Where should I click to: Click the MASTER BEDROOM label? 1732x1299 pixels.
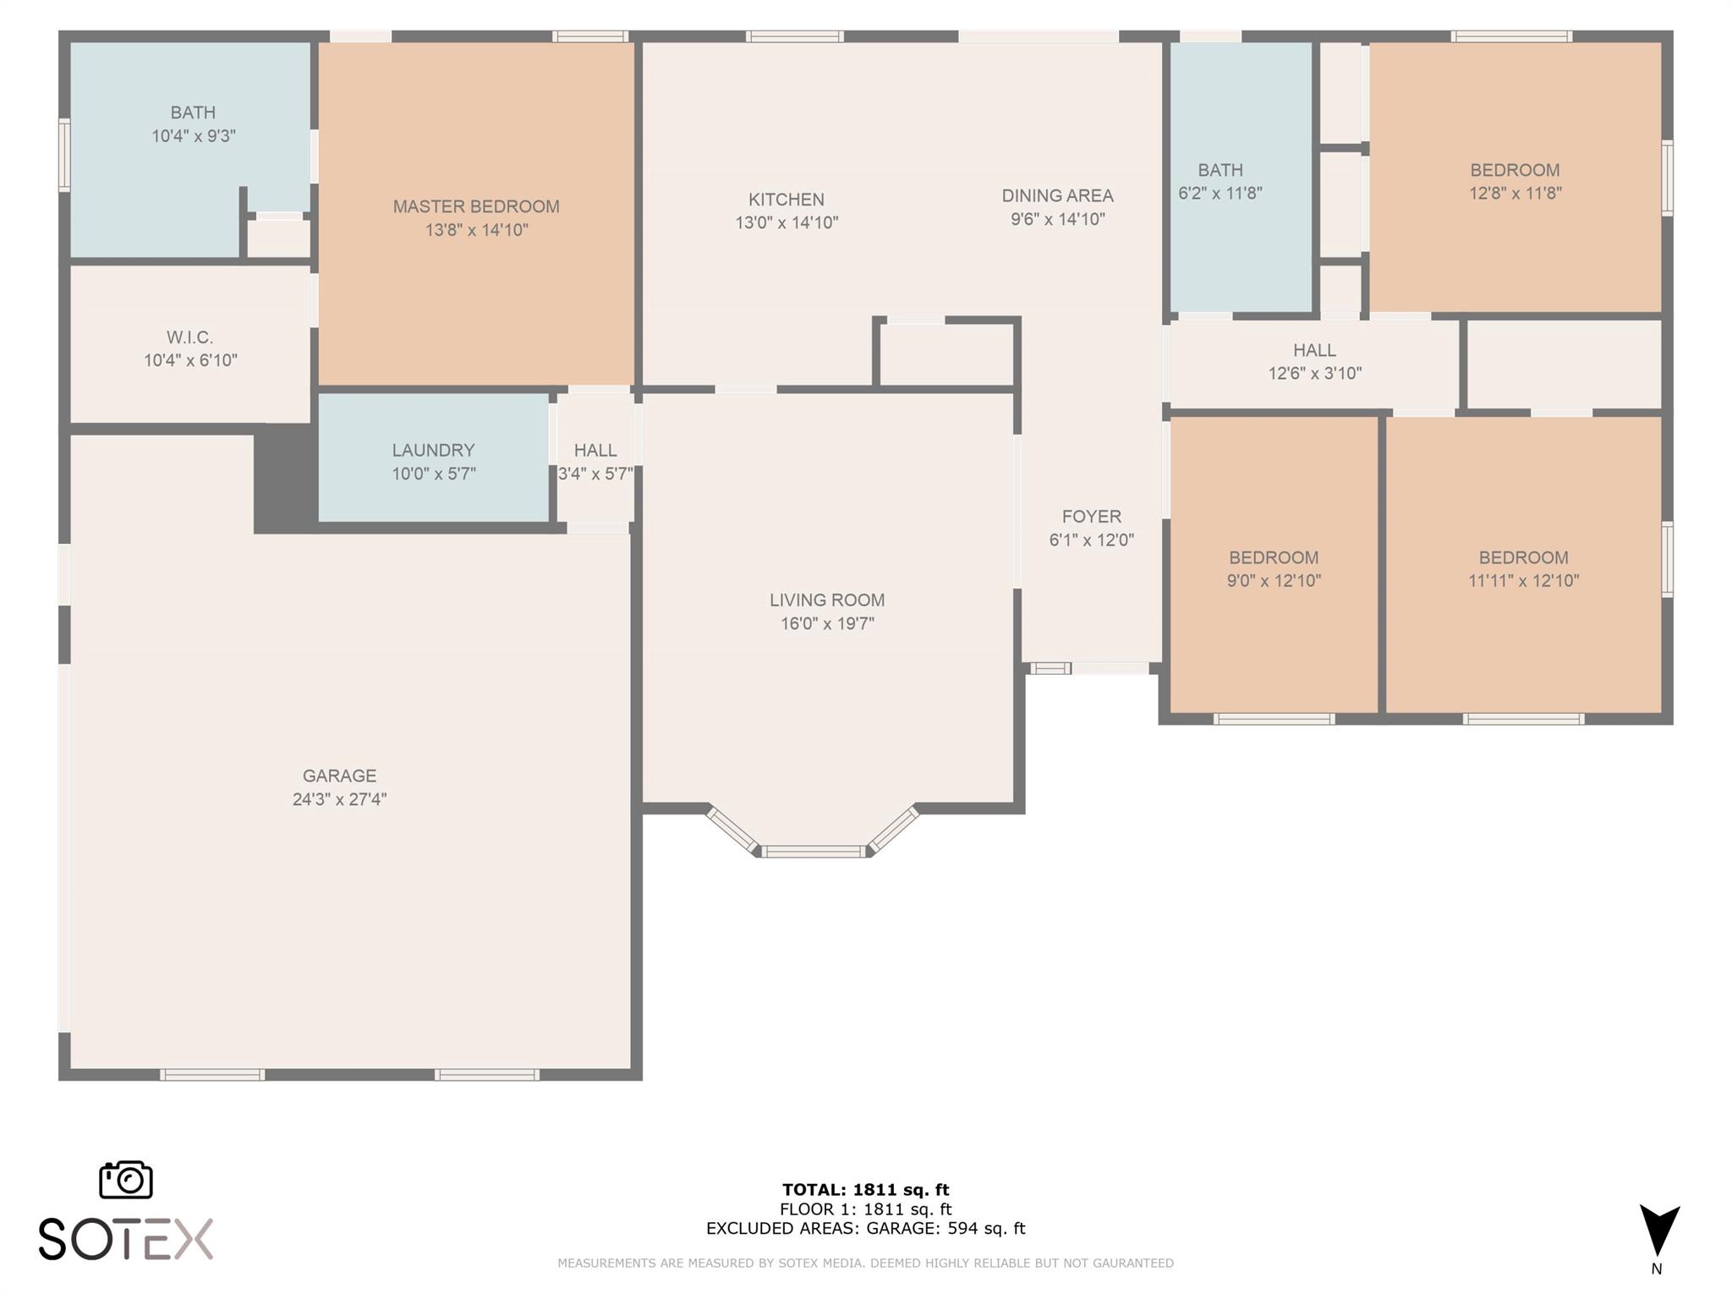tap(476, 206)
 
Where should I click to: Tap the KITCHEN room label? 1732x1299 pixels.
tap(787, 200)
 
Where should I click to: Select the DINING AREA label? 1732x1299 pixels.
tap(1057, 195)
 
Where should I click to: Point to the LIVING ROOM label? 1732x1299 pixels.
tap(827, 600)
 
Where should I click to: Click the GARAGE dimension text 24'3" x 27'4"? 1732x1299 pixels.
tap(340, 799)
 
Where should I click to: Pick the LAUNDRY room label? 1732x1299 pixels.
tap(433, 450)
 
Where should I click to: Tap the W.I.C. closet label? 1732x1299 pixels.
tap(190, 337)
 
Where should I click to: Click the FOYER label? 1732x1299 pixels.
tap(1092, 516)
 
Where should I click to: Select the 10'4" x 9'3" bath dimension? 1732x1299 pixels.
tap(194, 135)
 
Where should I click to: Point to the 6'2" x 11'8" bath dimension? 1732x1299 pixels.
tap(1220, 193)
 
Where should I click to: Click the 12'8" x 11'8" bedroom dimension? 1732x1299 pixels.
tap(1515, 193)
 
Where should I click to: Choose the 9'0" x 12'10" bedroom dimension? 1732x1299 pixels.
tap(1274, 580)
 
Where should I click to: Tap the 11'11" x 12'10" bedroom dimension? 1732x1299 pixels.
tap(1524, 580)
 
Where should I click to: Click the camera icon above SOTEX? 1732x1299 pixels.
tap(126, 1179)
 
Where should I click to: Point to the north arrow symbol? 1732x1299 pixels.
tap(1659, 1230)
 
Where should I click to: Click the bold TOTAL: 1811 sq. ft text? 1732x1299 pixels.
tap(866, 1190)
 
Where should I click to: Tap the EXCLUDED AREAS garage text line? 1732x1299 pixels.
tap(866, 1228)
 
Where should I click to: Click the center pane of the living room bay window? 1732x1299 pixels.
tap(814, 852)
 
